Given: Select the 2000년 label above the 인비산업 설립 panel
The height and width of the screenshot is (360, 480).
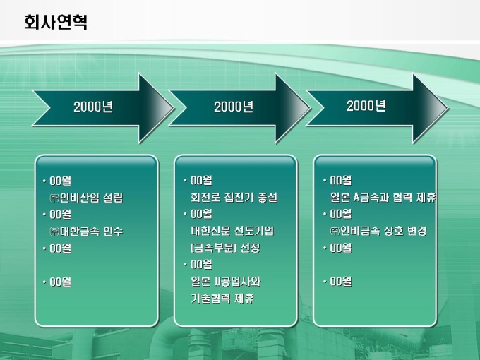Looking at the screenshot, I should click(93, 107).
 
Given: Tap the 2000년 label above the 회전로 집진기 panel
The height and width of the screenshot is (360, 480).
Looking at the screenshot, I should click(234, 107).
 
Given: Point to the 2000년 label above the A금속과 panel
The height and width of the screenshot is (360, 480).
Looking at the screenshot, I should click(366, 106).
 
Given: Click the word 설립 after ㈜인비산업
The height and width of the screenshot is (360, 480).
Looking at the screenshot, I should click(118, 198).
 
